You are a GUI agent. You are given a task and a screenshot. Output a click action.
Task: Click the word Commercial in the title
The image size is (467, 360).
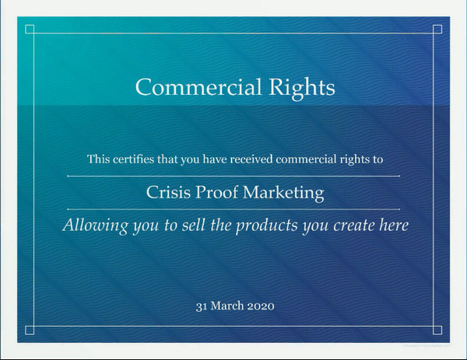[x=198, y=87]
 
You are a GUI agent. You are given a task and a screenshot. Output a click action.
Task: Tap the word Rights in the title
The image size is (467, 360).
[x=302, y=89]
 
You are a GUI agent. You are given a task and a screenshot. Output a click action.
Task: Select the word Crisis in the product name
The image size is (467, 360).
[x=168, y=192]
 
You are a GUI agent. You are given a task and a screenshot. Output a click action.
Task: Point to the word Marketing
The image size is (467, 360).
[x=283, y=194]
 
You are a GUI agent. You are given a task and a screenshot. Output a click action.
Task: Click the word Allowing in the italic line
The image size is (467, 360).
[x=95, y=225]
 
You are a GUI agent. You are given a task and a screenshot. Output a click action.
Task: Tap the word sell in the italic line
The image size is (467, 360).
[x=193, y=225]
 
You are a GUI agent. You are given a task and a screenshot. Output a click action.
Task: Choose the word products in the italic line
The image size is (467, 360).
[x=267, y=225]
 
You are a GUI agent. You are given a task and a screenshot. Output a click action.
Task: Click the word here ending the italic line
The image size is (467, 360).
[x=394, y=225]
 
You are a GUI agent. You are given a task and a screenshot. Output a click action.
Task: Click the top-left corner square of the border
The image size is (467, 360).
[x=30, y=30]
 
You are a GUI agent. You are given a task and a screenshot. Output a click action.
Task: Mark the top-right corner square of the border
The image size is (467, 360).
[x=437, y=30]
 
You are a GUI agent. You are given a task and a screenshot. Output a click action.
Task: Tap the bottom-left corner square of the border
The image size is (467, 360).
[x=30, y=330]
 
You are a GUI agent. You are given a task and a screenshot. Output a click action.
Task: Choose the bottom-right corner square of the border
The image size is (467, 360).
[x=437, y=330]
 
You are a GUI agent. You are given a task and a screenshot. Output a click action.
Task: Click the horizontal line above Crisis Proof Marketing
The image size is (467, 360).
[x=233, y=176]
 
